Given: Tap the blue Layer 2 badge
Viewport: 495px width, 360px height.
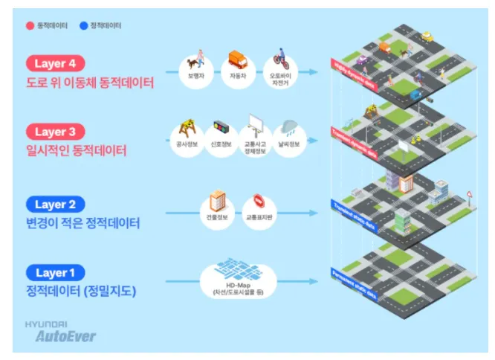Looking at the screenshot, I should pos(55,203).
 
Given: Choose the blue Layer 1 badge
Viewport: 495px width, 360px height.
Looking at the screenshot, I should pos(55,272).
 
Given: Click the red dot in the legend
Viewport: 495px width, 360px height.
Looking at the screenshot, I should pos(30,25).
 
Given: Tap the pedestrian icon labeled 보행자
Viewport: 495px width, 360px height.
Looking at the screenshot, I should pos(198,60).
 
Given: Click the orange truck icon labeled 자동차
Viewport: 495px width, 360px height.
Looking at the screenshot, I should pos(237,59).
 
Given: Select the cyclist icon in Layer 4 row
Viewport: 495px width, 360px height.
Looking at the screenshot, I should pos(279,59).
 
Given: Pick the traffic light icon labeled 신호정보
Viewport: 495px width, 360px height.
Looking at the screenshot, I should pos(221,128).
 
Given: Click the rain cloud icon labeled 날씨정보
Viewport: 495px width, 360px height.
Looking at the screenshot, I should pos(290,127).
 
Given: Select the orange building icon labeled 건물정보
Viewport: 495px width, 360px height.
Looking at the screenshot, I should pos(217,199).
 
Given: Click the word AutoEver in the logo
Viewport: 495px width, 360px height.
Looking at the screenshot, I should pos(66,336).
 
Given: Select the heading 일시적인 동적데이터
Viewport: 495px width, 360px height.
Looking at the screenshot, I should pos(77,151).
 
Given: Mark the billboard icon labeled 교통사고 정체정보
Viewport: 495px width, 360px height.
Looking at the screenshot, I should pos(255,126).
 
